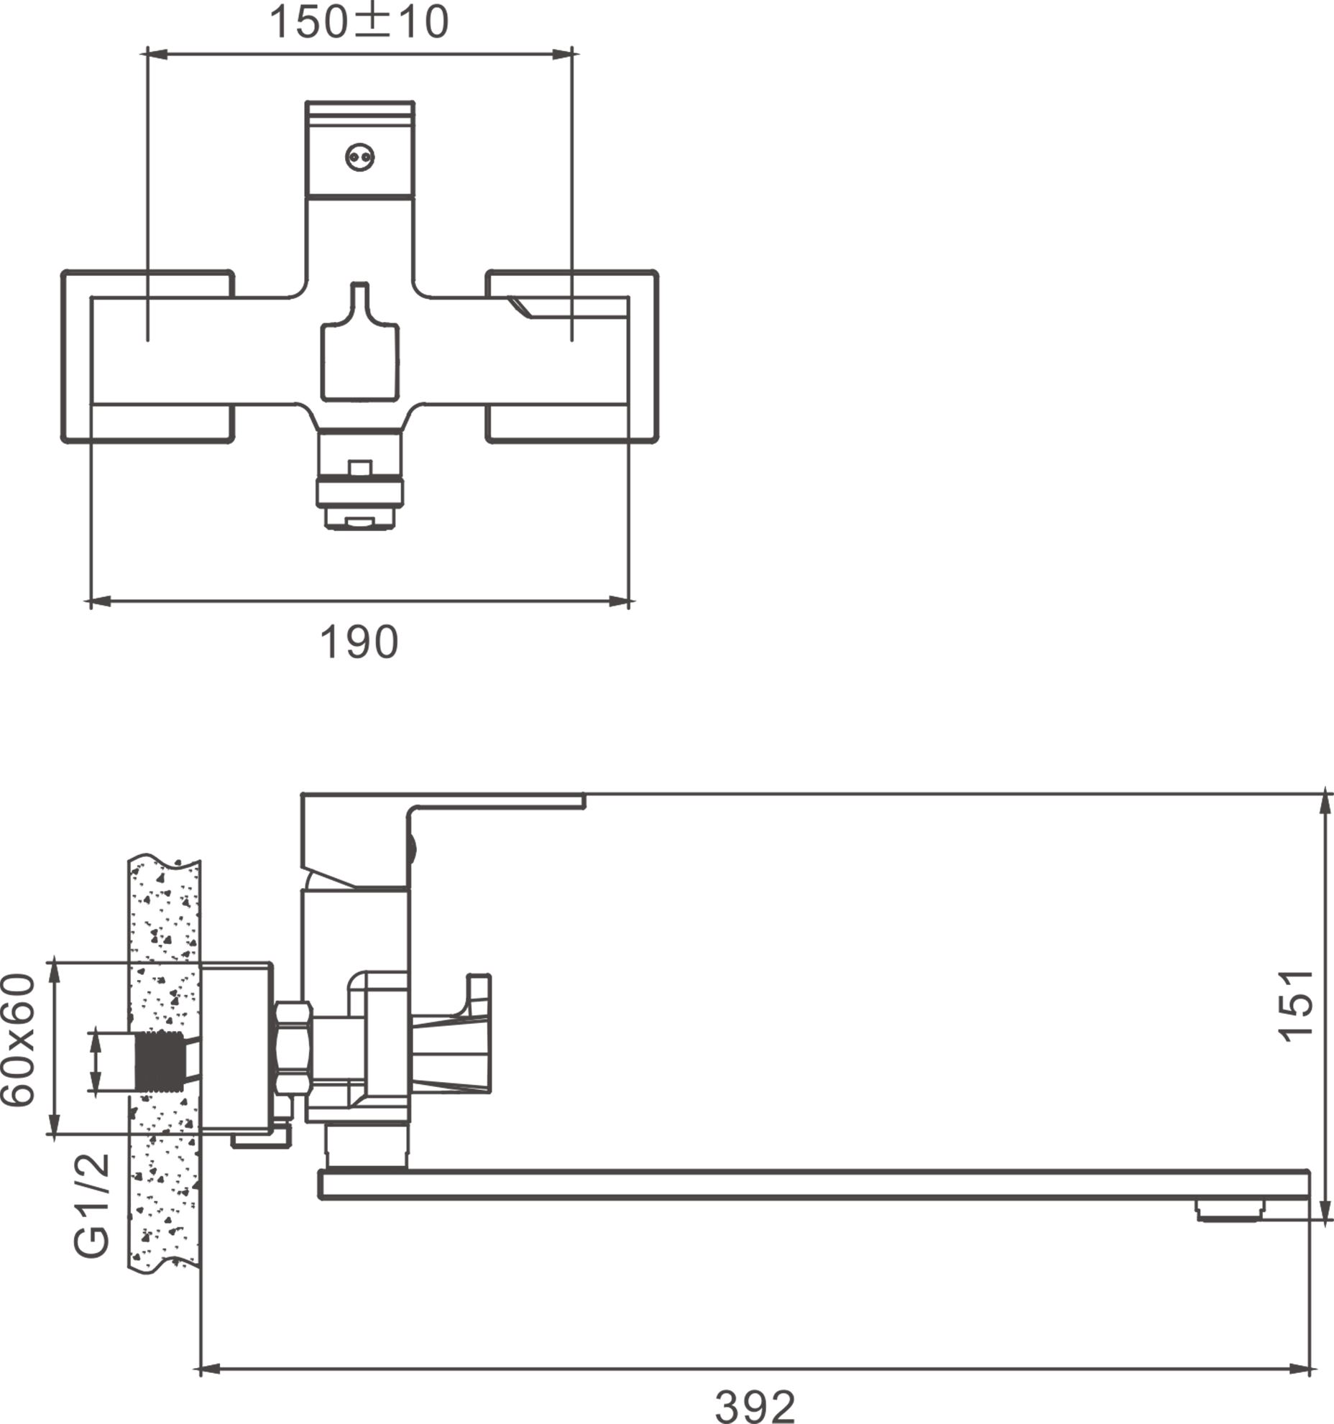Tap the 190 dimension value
click(x=359, y=642)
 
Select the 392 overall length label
click(x=755, y=1405)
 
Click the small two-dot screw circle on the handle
click(x=359, y=157)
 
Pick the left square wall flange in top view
click(x=147, y=356)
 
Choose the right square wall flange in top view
click(x=571, y=356)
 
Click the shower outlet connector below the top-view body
click(x=359, y=481)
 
